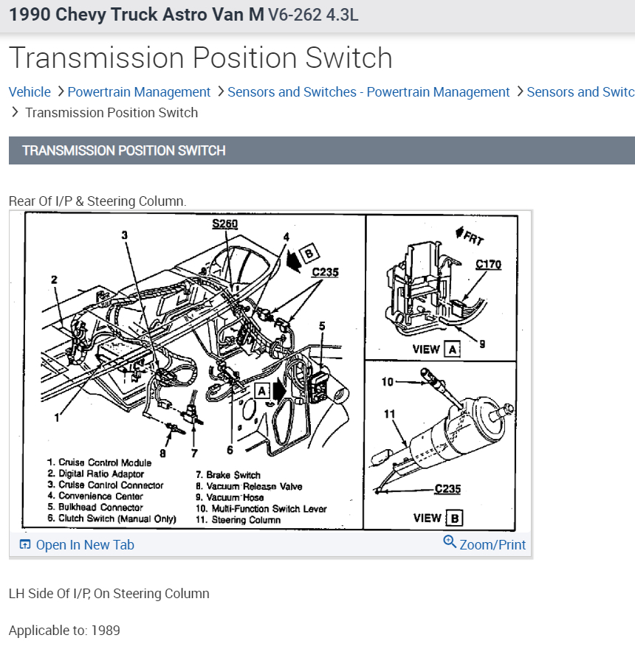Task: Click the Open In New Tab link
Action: pos(77,545)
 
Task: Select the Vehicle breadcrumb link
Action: pos(30,92)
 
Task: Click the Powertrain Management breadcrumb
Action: pos(139,92)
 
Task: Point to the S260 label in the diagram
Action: pos(224,223)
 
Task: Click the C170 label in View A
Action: pos(488,264)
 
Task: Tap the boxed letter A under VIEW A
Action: pos(452,349)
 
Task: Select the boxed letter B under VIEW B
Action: pos(455,518)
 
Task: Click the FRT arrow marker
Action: pos(470,237)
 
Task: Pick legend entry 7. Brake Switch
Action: pos(228,475)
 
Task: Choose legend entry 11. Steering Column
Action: pos(238,519)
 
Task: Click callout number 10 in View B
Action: pos(388,381)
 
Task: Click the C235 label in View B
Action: pos(448,488)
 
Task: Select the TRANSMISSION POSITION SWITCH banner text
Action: pos(123,150)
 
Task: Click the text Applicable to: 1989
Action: pos(64,631)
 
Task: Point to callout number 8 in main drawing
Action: pos(162,453)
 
